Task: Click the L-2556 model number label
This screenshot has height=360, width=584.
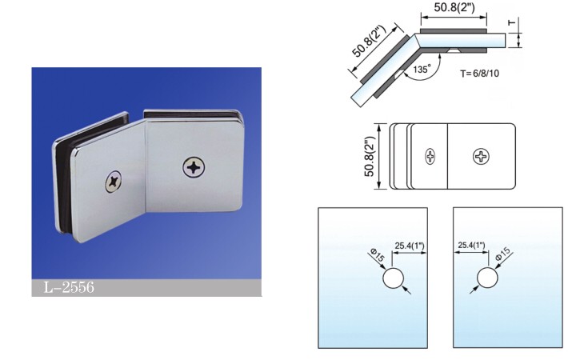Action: click(69, 287)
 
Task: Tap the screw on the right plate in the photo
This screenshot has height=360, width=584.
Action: click(194, 167)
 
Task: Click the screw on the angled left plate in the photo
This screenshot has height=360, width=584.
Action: click(114, 182)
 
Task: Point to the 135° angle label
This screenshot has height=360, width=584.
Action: click(422, 70)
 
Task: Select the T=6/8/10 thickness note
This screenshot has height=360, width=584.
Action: click(479, 74)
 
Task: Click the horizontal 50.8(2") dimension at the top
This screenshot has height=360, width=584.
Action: click(454, 7)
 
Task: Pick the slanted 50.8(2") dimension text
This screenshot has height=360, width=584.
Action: click(370, 41)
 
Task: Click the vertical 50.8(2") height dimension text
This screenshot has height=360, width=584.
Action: click(369, 156)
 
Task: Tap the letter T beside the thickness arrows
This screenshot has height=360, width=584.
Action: click(512, 23)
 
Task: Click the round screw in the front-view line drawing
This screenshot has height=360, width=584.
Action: click(481, 156)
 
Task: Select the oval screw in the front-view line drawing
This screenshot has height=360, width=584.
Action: click(430, 156)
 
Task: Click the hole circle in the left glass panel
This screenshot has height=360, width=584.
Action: click(394, 278)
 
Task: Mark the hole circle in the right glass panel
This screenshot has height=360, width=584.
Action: click(487, 278)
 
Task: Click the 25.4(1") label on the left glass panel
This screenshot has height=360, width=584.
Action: click(410, 246)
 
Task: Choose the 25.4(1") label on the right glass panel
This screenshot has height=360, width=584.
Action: click(471, 245)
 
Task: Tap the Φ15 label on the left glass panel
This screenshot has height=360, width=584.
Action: click(377, 256)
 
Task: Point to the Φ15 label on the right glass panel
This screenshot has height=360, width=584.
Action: click(503, 254)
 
